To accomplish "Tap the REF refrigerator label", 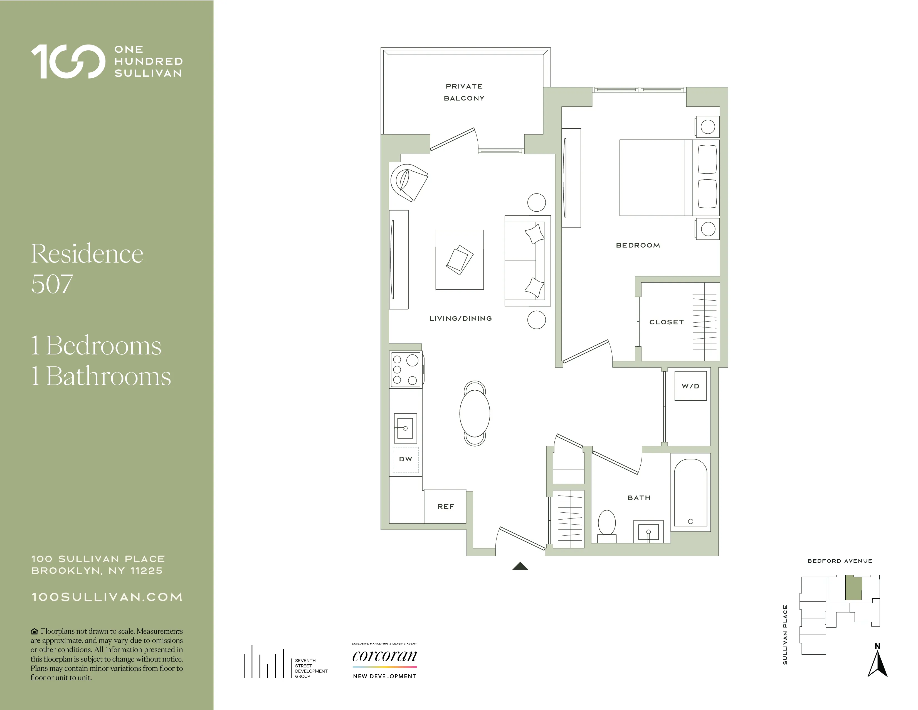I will pos(446,506).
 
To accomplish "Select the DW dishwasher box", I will pos(406,459).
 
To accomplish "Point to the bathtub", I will pos(690,492).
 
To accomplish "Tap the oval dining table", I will pos(475,413).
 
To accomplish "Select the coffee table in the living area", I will pos(460,259).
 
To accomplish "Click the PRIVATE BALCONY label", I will pos(464,92).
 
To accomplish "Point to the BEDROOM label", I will pos(638,245).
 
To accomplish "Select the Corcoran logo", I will pos(384,656).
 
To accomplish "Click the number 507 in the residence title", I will pos(52,284).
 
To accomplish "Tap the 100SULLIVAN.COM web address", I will pos(107,597).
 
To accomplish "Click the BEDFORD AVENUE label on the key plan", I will pos(839,561).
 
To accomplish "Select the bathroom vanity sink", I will pos(648,532).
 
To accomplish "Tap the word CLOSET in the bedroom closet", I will pos(666,322).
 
